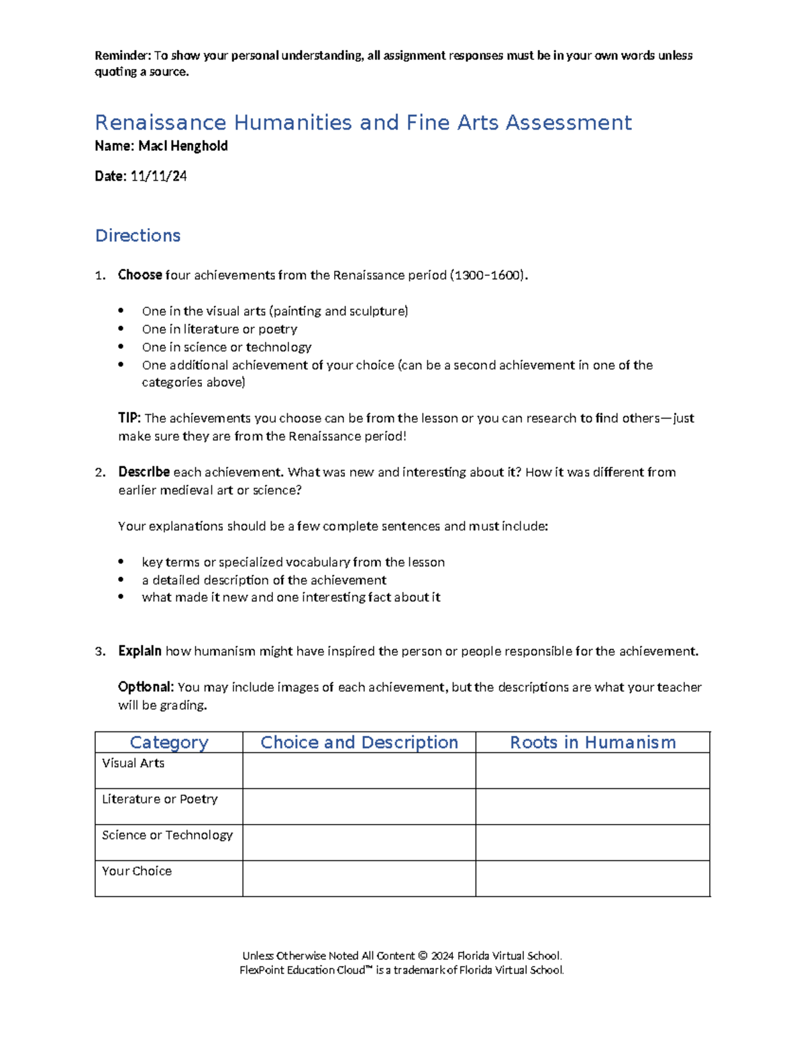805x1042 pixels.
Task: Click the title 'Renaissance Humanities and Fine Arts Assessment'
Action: pyautogui.click(x=363, y=123)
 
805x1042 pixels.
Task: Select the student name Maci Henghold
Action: pyautogui.click(x=182, y=146)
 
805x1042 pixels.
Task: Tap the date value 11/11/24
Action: pyautogui.click(x=158, y=176)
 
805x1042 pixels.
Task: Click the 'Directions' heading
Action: pyautogui.click(x=138, y=236)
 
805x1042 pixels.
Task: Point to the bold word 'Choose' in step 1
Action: pyautogui.click(x=140, y=275)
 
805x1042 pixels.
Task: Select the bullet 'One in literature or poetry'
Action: pyautogui.click(x=219, y=329)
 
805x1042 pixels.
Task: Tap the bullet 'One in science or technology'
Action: pyautogui.click(x=227, y=348)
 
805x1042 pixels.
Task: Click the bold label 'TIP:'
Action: pyautogui.click(x=129, y=418)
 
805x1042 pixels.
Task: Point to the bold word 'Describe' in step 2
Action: pyautogui.click(x=144, y=472)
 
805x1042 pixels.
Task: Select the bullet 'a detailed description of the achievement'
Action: pyautogui.click(x=264, y=580)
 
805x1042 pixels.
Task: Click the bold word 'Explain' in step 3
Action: pyautogui.click(x=140, y=652)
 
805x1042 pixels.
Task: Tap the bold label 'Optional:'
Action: pyautogui.click(x=146, y=687)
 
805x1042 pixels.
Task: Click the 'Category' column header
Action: pyautogui.click(x=169, y=742)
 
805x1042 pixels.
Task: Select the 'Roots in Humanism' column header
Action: pyautogui.click(x=592, y=742)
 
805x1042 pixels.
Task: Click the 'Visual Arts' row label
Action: pyautogui.click(x=133, y=764)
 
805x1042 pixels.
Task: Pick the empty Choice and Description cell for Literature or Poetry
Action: pyautogui.click(x=359, y=806)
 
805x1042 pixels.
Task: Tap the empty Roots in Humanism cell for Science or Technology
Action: pyautogui.click(x=592, y=843)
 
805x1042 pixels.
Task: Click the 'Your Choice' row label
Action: pyautogui.click(x=137, y=871)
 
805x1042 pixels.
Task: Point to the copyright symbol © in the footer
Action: pyautogui.click(x=423, y=955)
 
